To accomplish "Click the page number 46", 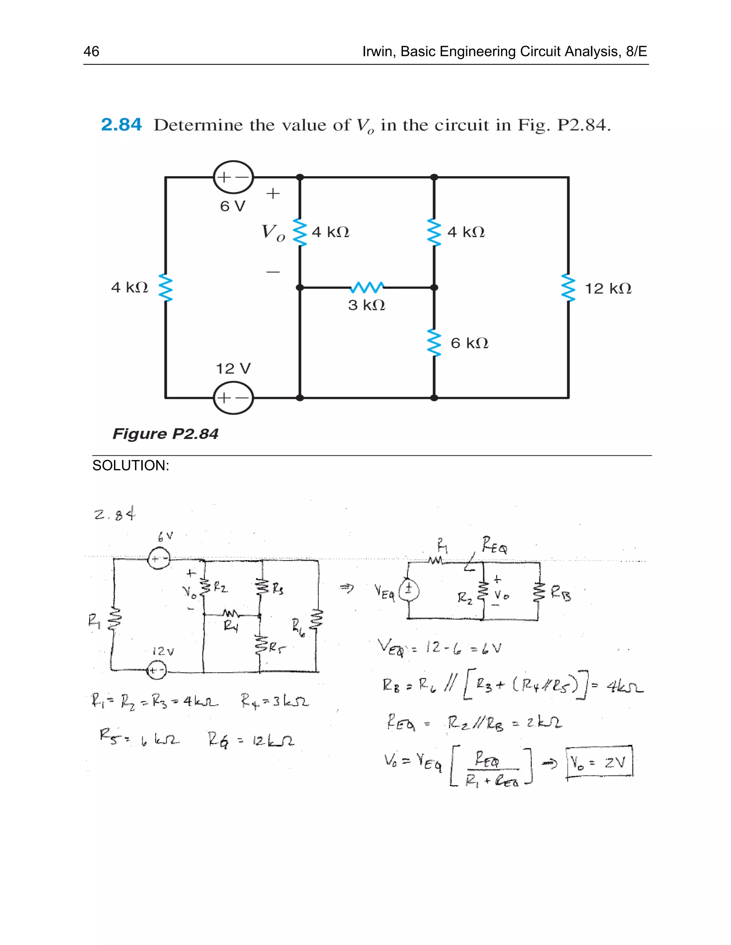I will (x=91, y=51).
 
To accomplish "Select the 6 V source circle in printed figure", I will (x=233, y=177).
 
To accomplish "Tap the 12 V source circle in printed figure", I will (x=233, y=398).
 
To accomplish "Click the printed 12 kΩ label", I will (x=608, y=288).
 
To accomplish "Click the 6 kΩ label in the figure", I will (x=469, y=343).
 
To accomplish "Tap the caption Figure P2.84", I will (x=165, y=434).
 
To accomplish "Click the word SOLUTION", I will (x=130, y=466).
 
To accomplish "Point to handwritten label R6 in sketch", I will (x=298, y=628).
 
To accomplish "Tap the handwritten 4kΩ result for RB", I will (x=625, y=686).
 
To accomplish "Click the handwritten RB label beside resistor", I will (x=561, y=594).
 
